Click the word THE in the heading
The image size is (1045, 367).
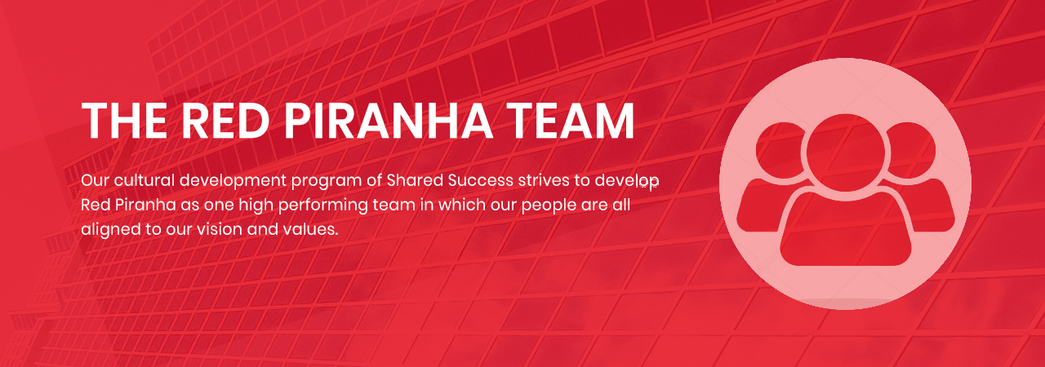[x=124, y=120]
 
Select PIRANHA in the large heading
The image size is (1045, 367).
[x=389, y=120]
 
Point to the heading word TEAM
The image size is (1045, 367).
[x=570, y=120]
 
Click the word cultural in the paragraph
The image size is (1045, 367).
[x=145, y=180]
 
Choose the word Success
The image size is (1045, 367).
[x=481, y=181]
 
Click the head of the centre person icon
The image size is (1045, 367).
[x=845, y=153]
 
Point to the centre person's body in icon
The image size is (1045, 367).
[x=845, y=228]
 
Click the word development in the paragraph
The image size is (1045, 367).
[x=233, y=181]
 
